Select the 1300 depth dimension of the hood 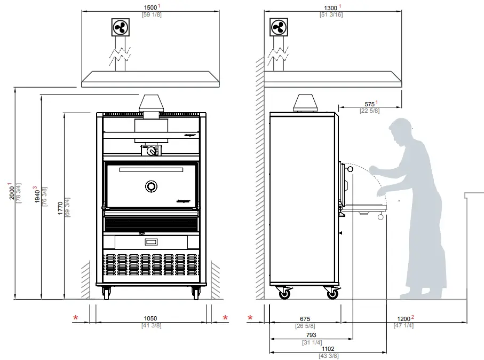point(331,7)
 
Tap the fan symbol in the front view point(121,27)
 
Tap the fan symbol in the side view point(279,27)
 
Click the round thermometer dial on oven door point(152,186)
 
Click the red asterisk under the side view point(250,318)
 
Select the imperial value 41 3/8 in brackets point(151,325)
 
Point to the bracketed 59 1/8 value point(151,14)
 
